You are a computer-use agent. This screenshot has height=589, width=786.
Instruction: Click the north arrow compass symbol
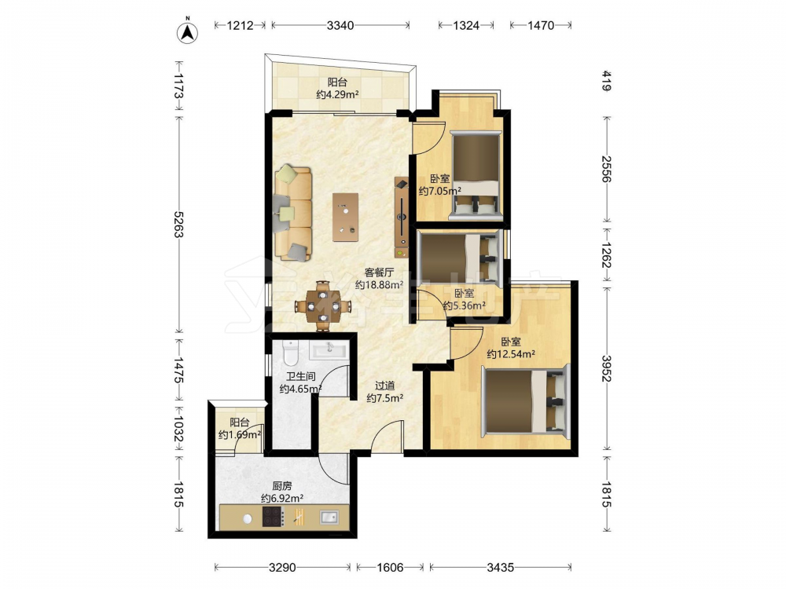pos(188,31)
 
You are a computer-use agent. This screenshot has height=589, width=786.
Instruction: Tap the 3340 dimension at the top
pos(340,25)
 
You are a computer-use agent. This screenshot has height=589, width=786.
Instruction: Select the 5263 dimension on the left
pos(178,225)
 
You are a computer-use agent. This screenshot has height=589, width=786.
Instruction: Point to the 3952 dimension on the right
pos(606,368)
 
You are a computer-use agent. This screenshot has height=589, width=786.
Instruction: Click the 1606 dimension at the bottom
pos(390,568)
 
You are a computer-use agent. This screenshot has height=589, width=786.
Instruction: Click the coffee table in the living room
pos(345,218)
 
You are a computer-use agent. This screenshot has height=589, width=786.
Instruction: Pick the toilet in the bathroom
pos(290,353)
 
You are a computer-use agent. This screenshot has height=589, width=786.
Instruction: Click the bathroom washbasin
pos(329,349)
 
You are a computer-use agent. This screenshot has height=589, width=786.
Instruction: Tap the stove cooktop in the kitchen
pos(274,517)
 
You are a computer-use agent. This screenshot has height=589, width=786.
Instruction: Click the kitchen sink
pos(329,518)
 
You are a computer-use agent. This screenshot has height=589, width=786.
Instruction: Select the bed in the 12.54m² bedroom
pos(525,401)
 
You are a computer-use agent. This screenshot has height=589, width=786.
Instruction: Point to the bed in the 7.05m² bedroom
pos(476,175)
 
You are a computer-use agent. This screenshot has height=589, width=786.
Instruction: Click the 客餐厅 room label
pos(379,273)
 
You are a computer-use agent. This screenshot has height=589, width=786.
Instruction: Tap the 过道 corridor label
pos(385,386)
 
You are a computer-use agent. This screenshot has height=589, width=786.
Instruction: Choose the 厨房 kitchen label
pos(282,486)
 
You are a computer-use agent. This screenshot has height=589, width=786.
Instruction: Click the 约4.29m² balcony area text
pos(337,94)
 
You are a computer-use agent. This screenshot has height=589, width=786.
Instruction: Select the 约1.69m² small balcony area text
pos(240,435)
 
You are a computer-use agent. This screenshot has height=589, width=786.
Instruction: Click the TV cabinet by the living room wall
pos(402,218)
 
